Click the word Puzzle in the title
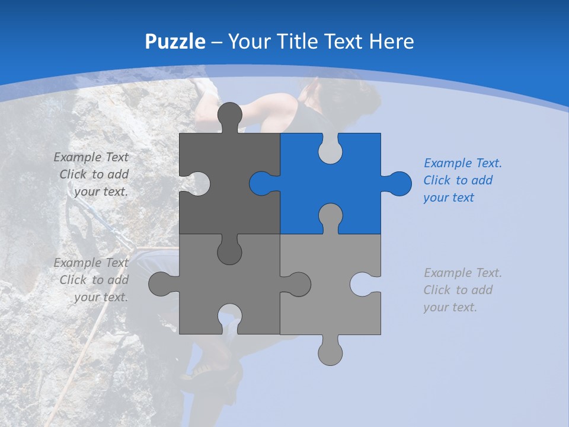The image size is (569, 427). point(175,42)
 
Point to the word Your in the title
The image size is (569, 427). point(248,42)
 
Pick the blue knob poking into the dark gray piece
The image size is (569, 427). point(261,183)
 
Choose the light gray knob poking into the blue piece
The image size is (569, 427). point(330,216)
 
